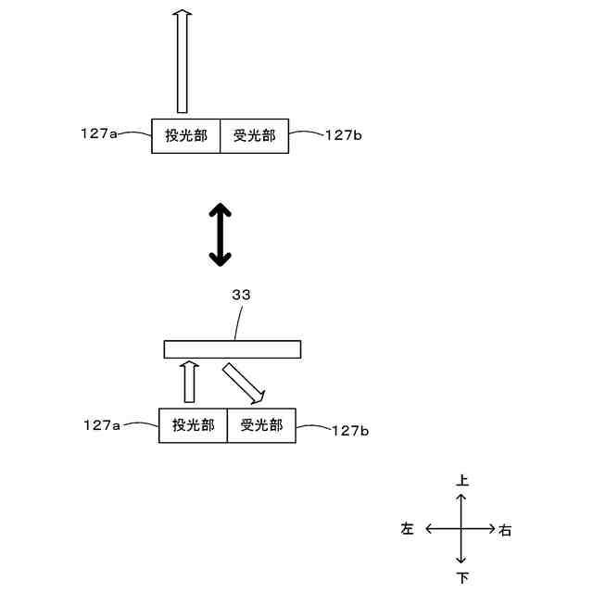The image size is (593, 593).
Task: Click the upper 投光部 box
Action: (x=186, y=136)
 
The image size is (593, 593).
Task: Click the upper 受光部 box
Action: (x=255, y=136)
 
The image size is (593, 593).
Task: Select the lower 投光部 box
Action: (x=193, y=425)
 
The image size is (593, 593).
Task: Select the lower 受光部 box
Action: (x=261, y=425)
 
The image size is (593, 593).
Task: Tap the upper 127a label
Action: (x=99, y=134)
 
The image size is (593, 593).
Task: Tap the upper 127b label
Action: (x=344, y=135)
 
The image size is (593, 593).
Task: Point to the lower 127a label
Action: (x=102, y=425)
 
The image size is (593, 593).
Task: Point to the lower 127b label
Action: (x=350, y=430)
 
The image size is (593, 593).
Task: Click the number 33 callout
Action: (x=240, y=295)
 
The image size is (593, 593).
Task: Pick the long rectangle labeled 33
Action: (x=233, y=349)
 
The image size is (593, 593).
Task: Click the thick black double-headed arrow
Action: (x=220, y=235)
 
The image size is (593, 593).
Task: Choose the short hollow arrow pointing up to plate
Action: (x=189, y=382)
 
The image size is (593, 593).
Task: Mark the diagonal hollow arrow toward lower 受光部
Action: (x=245, y=383)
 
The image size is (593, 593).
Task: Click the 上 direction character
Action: (x=462, y=481)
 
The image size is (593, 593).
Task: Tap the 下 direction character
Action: (x=462, y=578)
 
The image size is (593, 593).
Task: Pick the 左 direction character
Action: (x=408, y=529)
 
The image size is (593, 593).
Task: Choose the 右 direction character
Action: (x=505, y=531)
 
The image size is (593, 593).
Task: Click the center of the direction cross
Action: (x=461, y=529)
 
